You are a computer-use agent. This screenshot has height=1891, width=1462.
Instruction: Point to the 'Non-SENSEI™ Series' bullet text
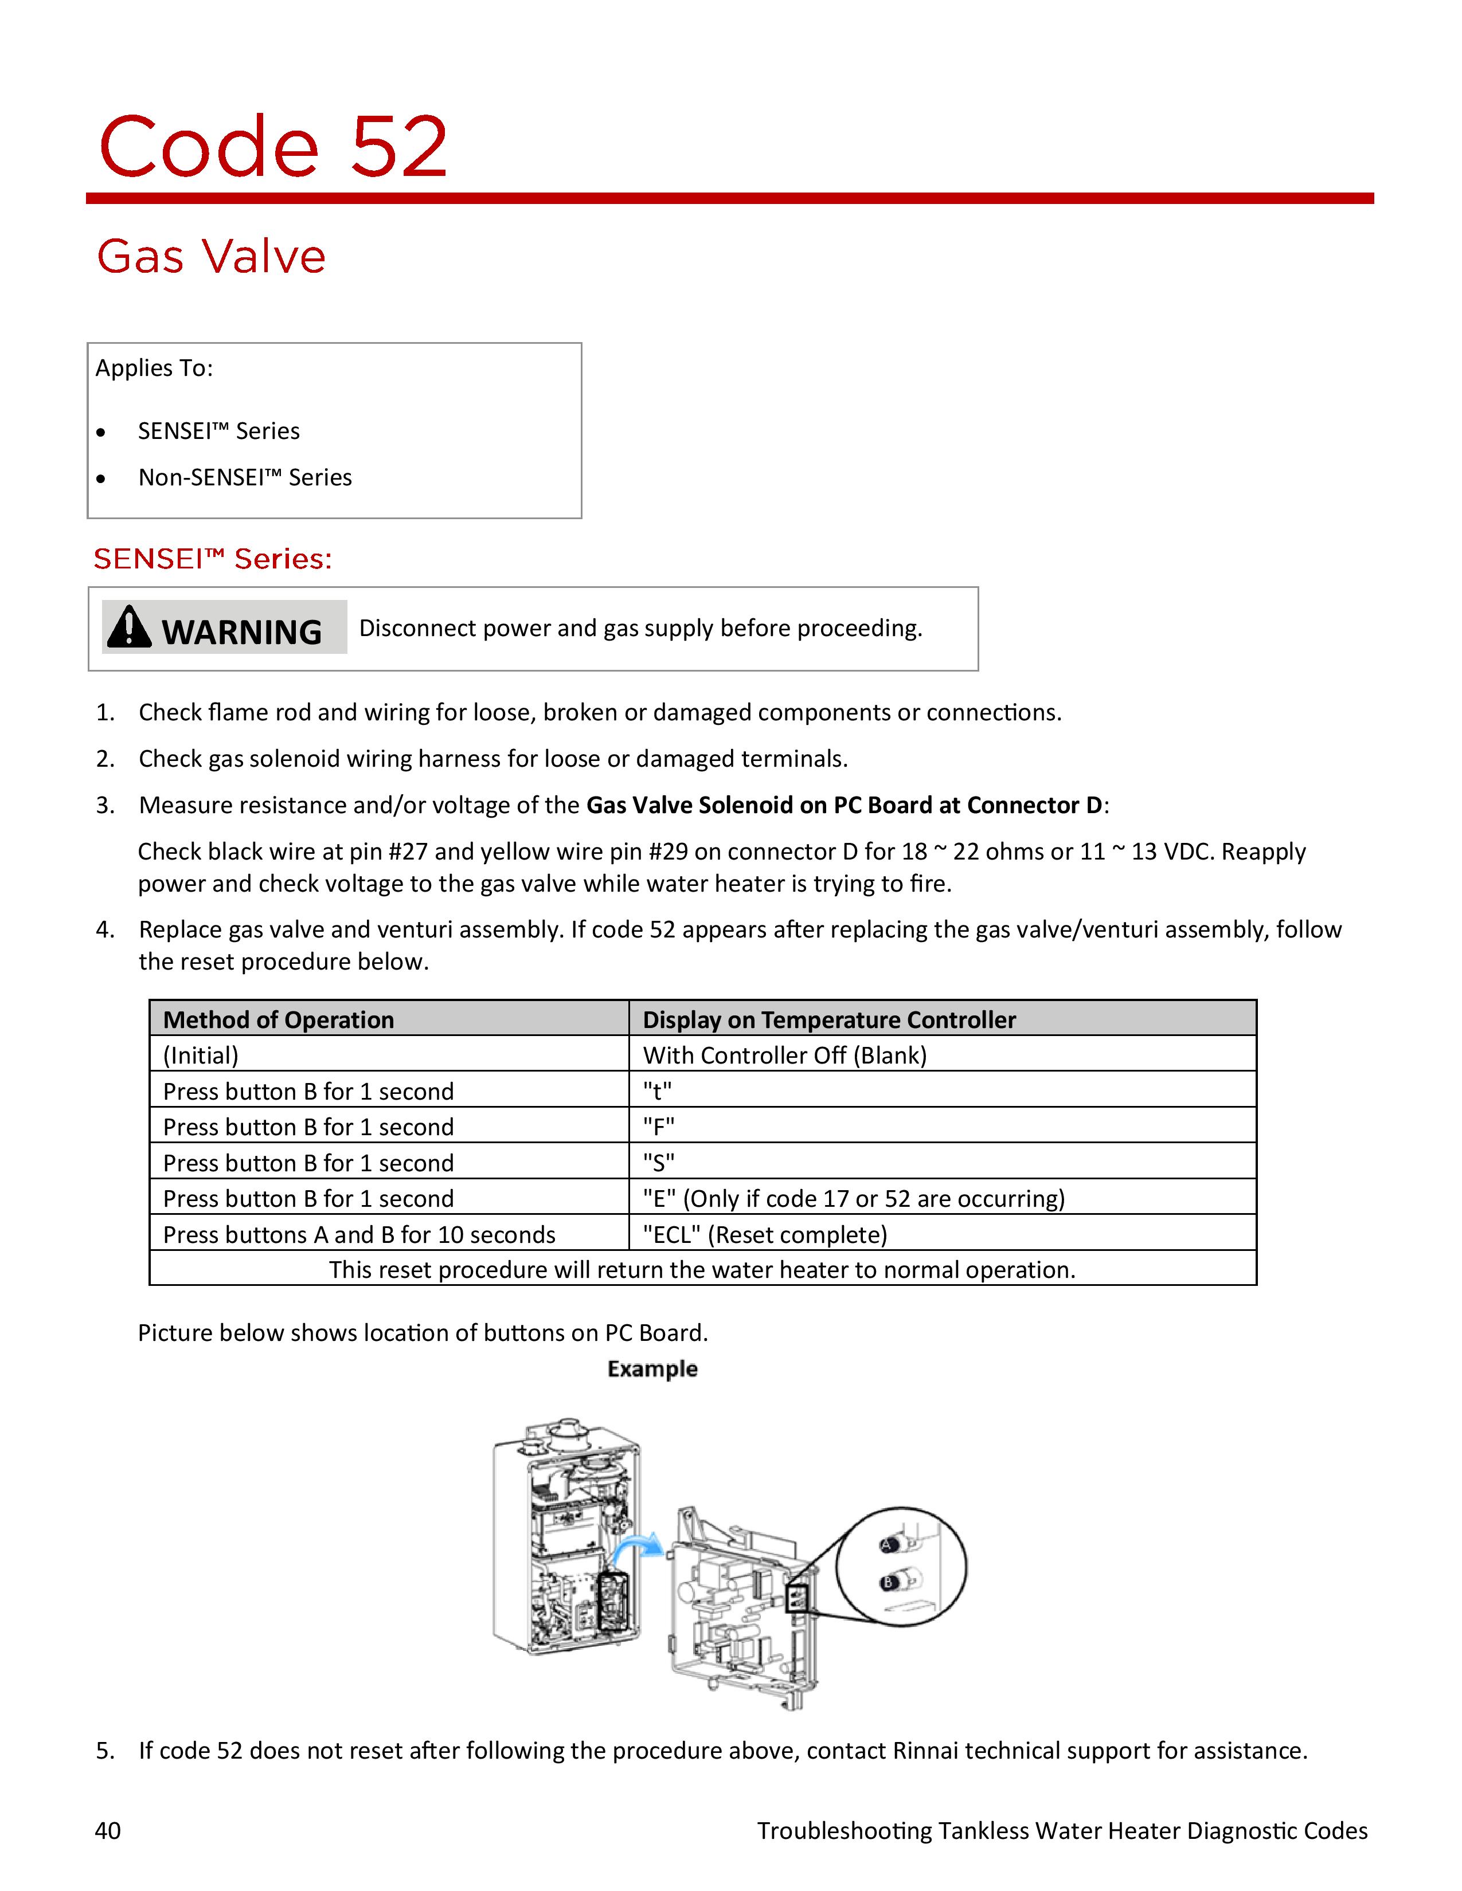(245, 477)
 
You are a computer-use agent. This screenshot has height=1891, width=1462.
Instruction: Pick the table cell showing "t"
(658, 1091)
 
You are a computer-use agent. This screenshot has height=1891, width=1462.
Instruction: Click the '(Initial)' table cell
(201, 1056)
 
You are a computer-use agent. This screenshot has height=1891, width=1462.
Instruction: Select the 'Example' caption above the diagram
(652, 1369)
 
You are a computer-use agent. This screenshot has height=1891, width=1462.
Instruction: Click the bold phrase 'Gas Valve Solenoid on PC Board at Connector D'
(843, 805)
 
